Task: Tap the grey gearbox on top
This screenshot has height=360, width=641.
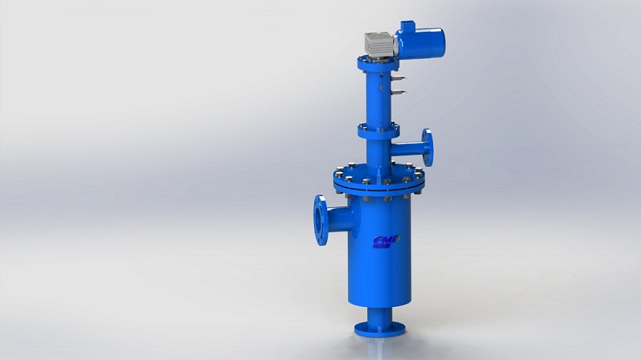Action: (x=379, y=45)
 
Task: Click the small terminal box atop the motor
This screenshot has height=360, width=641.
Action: (x=406, y=26)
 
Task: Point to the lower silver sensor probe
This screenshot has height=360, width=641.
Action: (x=398, y=92)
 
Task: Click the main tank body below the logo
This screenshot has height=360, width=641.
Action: (x=381, y=276)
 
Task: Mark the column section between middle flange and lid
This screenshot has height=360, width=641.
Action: (x=377, y=154)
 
